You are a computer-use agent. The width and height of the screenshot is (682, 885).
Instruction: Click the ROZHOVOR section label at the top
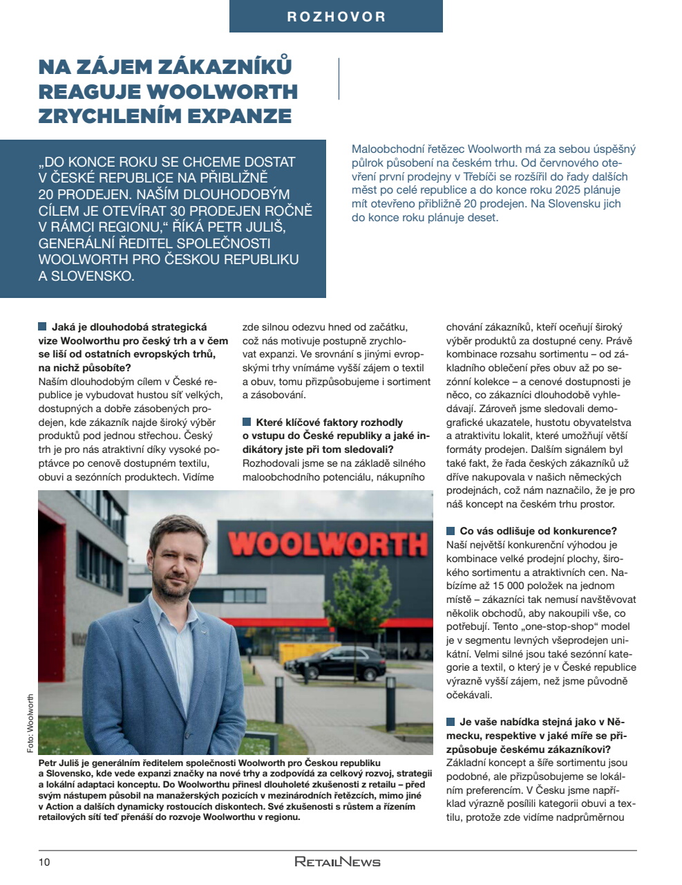pos(336,17)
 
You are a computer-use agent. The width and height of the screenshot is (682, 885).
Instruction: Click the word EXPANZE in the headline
pos(246,115)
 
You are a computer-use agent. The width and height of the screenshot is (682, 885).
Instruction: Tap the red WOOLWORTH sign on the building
pos(328,543)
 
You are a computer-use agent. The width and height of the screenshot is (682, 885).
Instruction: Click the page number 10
pos(44,861)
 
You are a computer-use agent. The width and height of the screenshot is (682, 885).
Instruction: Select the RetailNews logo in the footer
pos(337,861)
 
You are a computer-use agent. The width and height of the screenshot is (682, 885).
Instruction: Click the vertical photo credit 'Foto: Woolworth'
pos(30,723)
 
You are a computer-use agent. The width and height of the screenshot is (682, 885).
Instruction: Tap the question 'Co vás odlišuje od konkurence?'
pos(538,531)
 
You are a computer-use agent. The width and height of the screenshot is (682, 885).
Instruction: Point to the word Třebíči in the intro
pos(495,176)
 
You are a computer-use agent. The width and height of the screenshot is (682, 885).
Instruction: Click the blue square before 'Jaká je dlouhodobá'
pos(42,326)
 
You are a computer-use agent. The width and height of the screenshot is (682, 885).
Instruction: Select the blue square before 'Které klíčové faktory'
pos(247,422)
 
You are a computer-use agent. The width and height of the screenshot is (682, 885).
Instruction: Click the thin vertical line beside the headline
pos(339,79)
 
